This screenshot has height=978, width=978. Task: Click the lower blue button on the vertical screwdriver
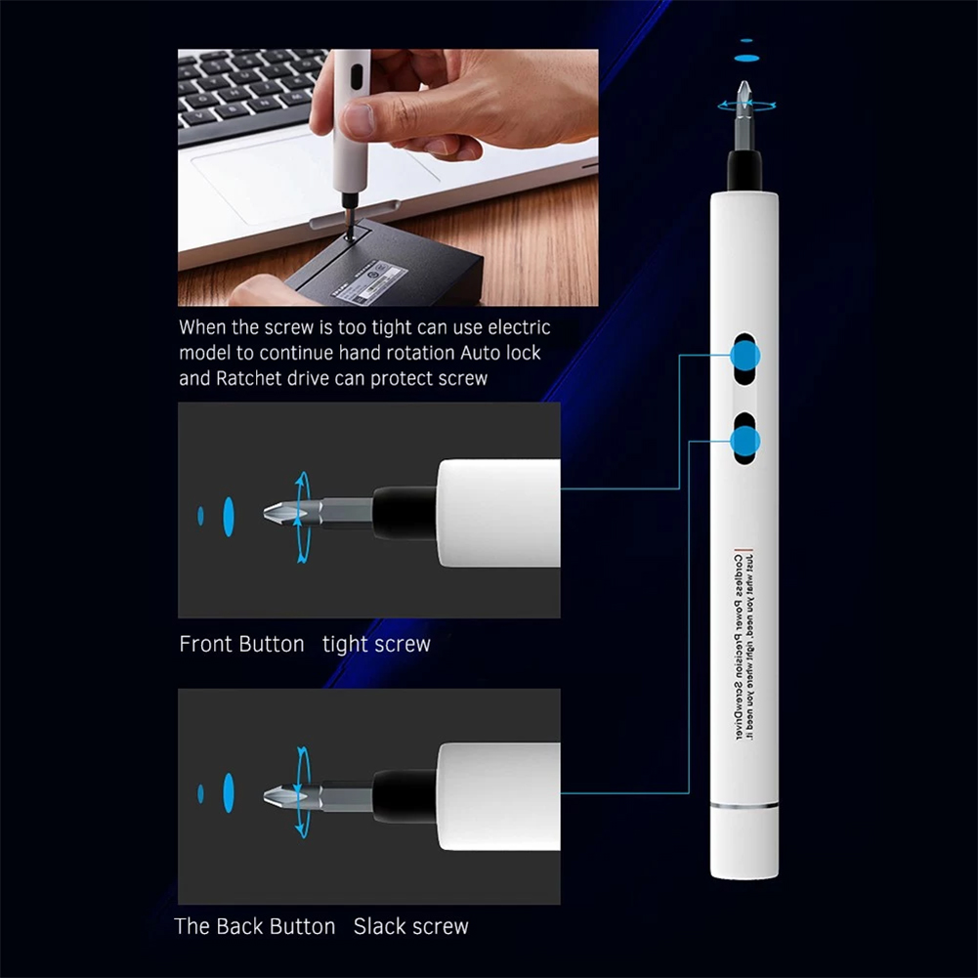pyautogui.click(x=746, y=443)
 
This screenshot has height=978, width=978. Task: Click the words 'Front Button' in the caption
pyautogui.click(x=241, y=645)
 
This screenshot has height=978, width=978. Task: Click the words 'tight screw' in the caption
pyautogui.click(x=376, y=645)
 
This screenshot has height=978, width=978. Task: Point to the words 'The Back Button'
pyautogui.click(x=254, y=926)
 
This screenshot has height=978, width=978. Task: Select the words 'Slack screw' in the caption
pyautogui.click(x=411, y=926)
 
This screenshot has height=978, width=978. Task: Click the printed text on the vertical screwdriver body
pyautogui.click(x=746, y=645)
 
